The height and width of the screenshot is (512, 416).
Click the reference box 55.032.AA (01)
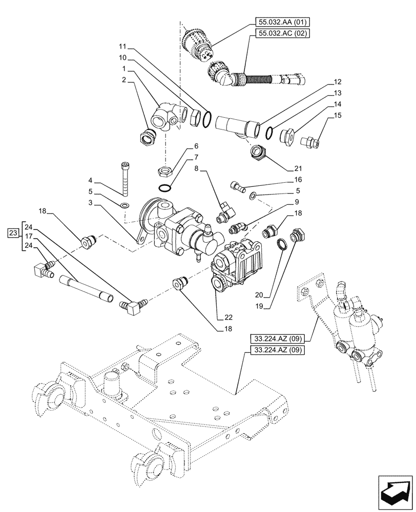point(281,23)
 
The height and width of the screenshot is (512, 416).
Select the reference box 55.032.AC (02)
point(281,33)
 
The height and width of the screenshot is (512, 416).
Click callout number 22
point(220,317)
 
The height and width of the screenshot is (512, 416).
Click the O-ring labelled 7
point(165,187)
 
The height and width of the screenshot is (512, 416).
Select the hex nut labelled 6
point(165,170)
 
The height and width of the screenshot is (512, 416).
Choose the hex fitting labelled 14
point(287,137)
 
